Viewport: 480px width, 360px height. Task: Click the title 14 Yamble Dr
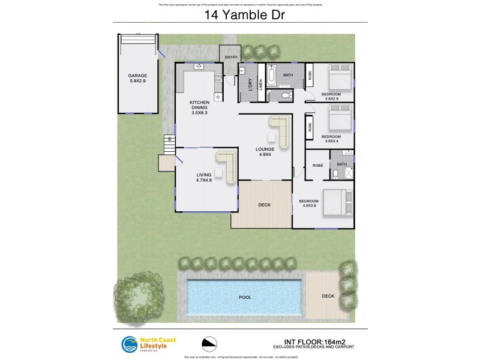click(240, 14)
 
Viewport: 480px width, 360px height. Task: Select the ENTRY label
click(231, 57)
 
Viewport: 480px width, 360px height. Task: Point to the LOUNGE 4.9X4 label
click(265, 152)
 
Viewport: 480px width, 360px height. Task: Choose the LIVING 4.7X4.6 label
click(204, 177)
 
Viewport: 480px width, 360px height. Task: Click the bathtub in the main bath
click(272, 76)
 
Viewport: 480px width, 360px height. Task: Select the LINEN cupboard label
click(260, 85)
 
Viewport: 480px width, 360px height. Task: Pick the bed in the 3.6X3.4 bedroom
click(340, 118)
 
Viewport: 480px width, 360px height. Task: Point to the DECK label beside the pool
click(328, 295)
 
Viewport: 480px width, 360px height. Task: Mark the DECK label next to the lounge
click(265, 205)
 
